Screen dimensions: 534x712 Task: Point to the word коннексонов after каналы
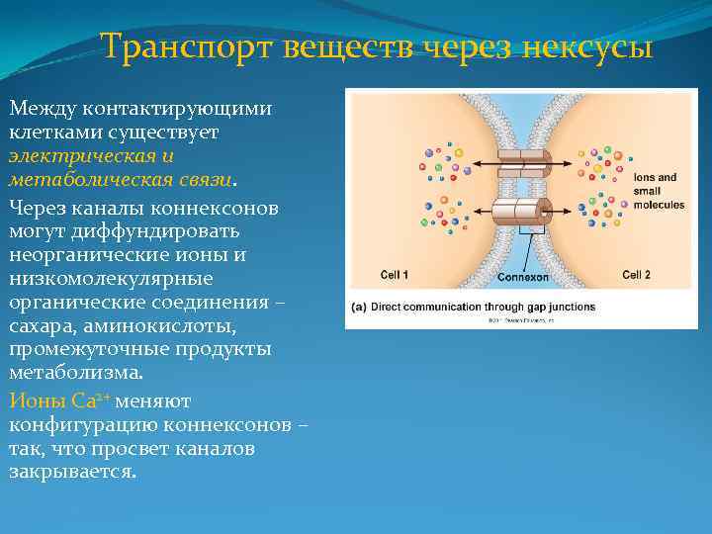click(x=214, y=208)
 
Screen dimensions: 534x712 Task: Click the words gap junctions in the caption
click(x=561, y=307)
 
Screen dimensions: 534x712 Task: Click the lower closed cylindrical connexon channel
click(x=520, y=211)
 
